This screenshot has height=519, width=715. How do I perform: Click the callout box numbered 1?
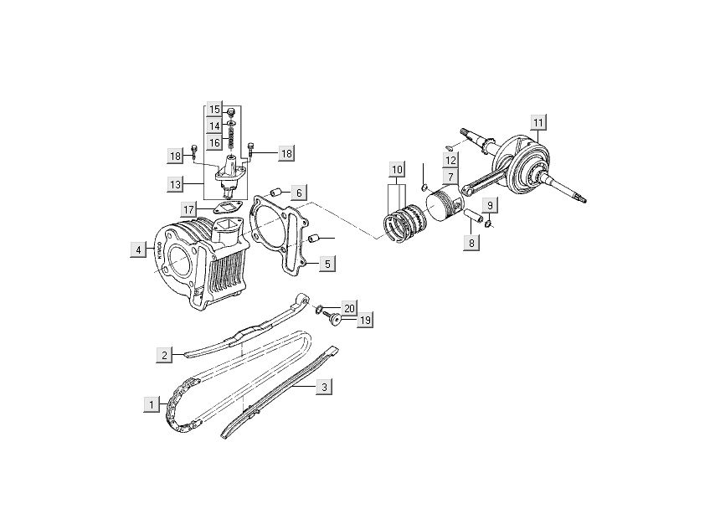click(x=151, y=404)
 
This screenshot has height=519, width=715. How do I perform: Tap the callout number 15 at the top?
click(x=215, y=110)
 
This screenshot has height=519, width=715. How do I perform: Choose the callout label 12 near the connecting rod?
click(x=450, y=160)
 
